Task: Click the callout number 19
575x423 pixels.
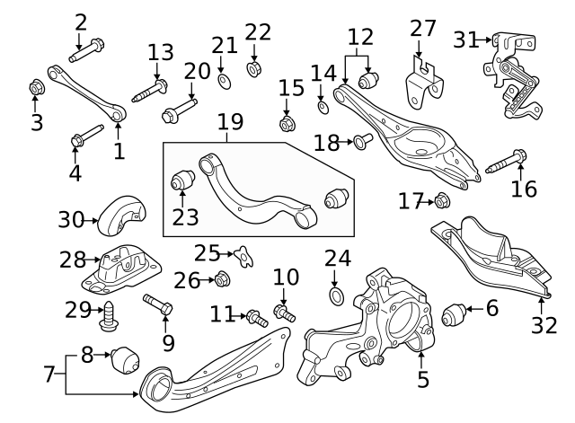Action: pyautogui.click(x=231, y=121)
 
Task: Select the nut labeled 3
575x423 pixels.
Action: pyautogui.click(x=37, y=88)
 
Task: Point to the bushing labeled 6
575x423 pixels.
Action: pyautogui.click(x=456, y=316)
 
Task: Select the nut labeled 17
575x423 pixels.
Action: pyautogui.click(x=441, y=201)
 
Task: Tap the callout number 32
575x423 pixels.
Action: pyautogui.click(x=544, y=325)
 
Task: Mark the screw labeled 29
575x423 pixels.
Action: pyautogui.click(x=111, y=314)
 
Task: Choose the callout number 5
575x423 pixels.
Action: pyautogui.click(x=423, y=380)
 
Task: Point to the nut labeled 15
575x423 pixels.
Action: pyautogui.click(x=287, y=122)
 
